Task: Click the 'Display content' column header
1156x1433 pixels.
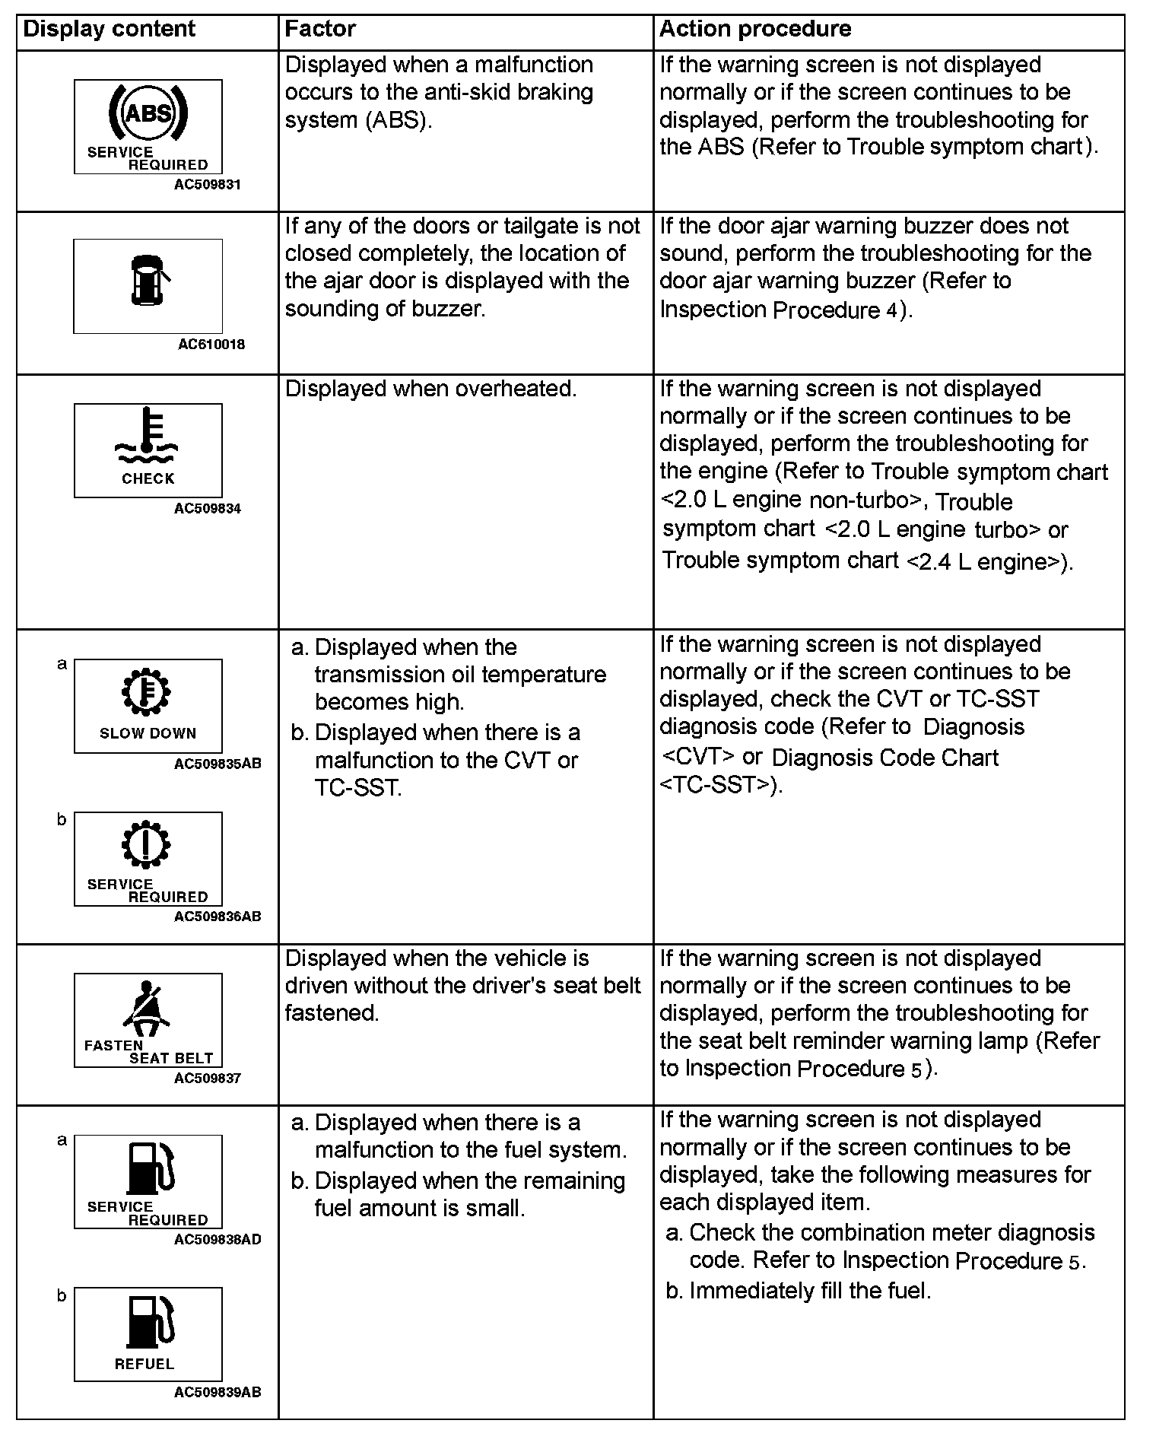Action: tap(110, 30)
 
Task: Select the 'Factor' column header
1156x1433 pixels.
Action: tap(320, 30)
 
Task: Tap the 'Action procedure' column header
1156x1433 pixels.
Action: tap(755, 30)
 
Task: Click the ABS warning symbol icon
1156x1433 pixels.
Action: tap(148, 115)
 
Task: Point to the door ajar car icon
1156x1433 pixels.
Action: tap(148, 279)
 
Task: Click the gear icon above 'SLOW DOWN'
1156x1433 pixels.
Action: tap(148, 692)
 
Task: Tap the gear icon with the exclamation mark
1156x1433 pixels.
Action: tap(148, 844)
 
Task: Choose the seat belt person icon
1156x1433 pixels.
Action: tap(147, 1009)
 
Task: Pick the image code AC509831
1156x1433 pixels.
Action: tap(207, 184)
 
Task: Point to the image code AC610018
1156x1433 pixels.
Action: tap(211, 345)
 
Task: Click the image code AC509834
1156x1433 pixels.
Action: tap(207, 509)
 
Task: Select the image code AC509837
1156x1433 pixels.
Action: tap(207, 1079)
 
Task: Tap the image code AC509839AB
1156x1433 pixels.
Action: tap(218, 1393)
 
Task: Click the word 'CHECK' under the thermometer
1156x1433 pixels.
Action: tap(148, 479)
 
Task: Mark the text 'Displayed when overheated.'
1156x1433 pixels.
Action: tap(430, 389)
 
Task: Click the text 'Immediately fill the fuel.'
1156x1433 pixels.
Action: tap(810, 1291)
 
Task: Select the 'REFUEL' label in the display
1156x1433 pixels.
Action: tap(144, 1365)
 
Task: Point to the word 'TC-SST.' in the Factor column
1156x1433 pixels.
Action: tap(358, 788)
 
